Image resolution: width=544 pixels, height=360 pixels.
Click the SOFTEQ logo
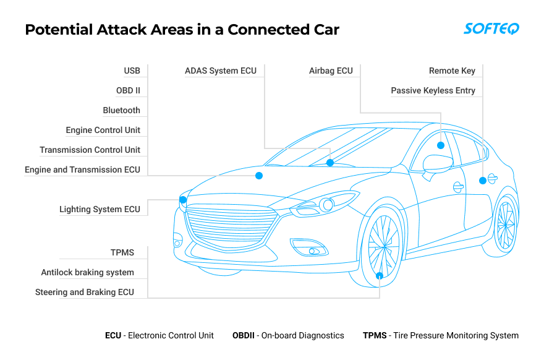pos(491,29)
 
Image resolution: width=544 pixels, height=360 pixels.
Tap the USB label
pos(132,71)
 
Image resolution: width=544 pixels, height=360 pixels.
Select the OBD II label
pos(128,90)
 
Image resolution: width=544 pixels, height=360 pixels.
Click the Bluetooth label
pos(121,110)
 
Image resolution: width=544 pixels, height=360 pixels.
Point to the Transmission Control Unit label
pos(90,150)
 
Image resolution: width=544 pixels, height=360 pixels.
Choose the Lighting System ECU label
pos(100,209)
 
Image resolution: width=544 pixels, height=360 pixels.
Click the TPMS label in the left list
pos(122,252)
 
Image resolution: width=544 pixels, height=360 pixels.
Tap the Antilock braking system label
pos(87,272)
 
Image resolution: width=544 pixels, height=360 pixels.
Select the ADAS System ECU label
pos(221,71)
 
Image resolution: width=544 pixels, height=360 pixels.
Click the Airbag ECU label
pos(331,71)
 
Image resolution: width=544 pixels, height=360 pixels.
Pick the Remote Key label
pos(452,71)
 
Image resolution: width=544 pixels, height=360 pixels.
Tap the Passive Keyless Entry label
pos(433,90)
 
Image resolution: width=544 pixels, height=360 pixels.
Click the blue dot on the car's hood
pos(259,176)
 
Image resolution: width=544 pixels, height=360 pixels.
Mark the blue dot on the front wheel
pos(380,276)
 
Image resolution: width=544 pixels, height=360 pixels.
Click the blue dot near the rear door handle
pos(483,181)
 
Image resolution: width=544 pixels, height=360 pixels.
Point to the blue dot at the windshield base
pos(330,163)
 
